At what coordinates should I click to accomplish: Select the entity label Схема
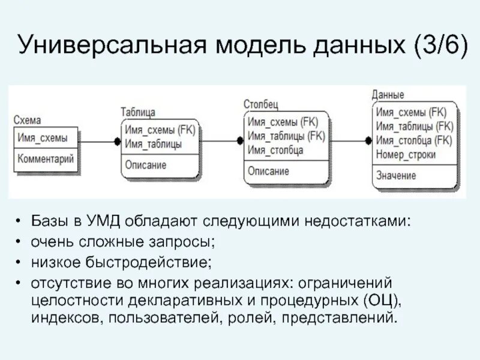pyautogui.click(x=27, y=121)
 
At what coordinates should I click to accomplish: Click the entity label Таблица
pyautogui.click(x=138, y=112)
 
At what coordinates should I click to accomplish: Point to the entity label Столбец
pyautogui.click(x=260, y=104)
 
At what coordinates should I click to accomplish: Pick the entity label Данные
pyautogui.click(x=388, y=95)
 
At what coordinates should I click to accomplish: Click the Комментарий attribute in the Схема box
pyautogui.click(x=46, y=159)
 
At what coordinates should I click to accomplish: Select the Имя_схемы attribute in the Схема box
pyautogui.click(x=43, y=137)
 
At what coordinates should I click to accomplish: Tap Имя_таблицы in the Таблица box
pyautogui.click(x=153, y=144)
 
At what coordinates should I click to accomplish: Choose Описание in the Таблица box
pyautogui.click(x=146, y=164)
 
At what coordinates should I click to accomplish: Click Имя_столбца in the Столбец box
pyautogui.click(x=275, y=150)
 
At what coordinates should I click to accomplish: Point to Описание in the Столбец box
pyautogui.click(x=268, y=171)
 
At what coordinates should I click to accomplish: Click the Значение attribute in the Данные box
pyautogui.click(x=396, y=175)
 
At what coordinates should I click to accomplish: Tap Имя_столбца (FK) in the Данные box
pyautogui.click(x=414, y=140)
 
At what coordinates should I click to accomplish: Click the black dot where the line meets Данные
pyautogui.click(x=368, y=141)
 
